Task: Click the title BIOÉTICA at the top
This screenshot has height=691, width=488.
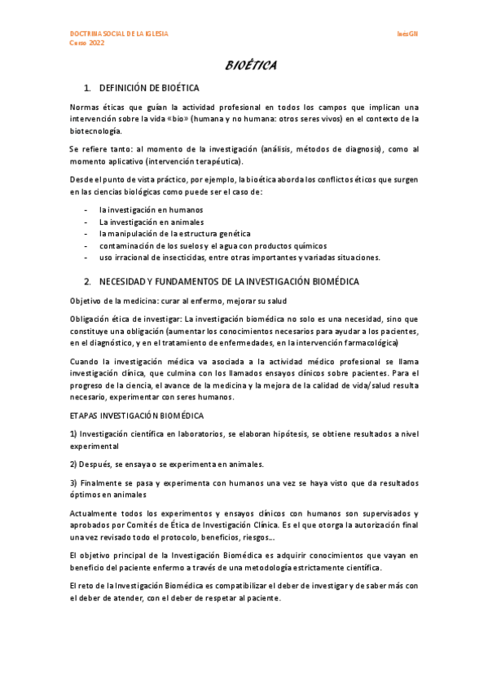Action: tap(250, 65)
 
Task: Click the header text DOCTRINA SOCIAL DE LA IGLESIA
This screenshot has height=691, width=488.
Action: tap(119, 33)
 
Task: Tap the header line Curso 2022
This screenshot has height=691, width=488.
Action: tap(87, 42)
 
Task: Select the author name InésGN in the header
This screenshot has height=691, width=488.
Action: tap(408, 33)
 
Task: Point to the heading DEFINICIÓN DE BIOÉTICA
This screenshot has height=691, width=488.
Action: tap(149, 87)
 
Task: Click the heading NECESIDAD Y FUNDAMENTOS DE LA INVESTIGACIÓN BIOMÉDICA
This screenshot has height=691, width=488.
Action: tap(229, 281)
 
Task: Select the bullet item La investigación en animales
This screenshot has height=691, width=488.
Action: tap(140, 222)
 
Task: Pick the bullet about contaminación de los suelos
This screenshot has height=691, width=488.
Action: tap(213, 246)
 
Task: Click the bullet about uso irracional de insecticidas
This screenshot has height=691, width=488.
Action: tap(240, 258)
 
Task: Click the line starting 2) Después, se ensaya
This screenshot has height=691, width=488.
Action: tap(166, 464)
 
